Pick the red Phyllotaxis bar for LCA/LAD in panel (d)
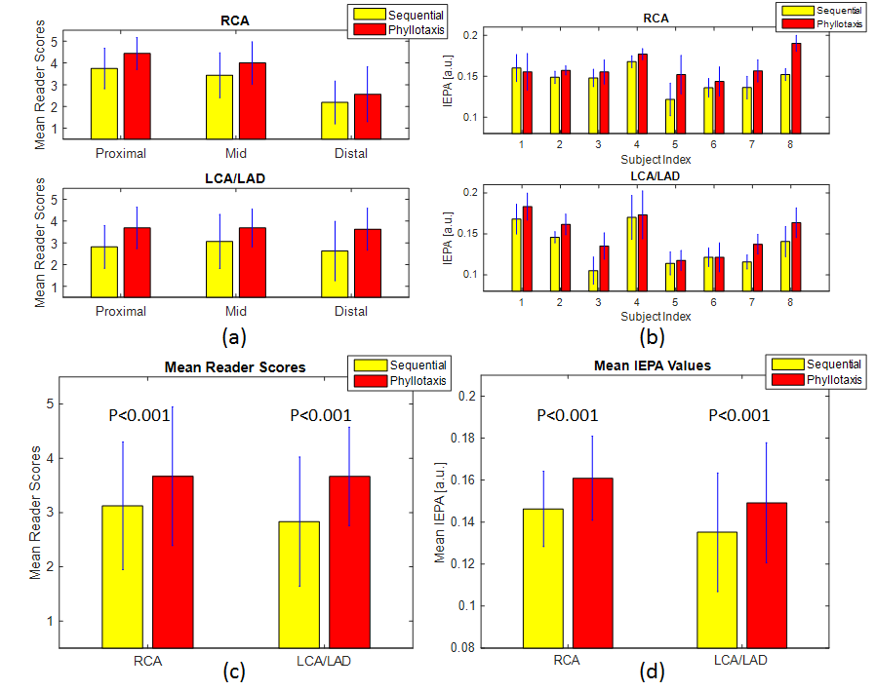(766, 574)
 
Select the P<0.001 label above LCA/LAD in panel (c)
(321, 415)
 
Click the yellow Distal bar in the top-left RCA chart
(335, 120)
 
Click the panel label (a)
(233, 338)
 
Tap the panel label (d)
(650, 672)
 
